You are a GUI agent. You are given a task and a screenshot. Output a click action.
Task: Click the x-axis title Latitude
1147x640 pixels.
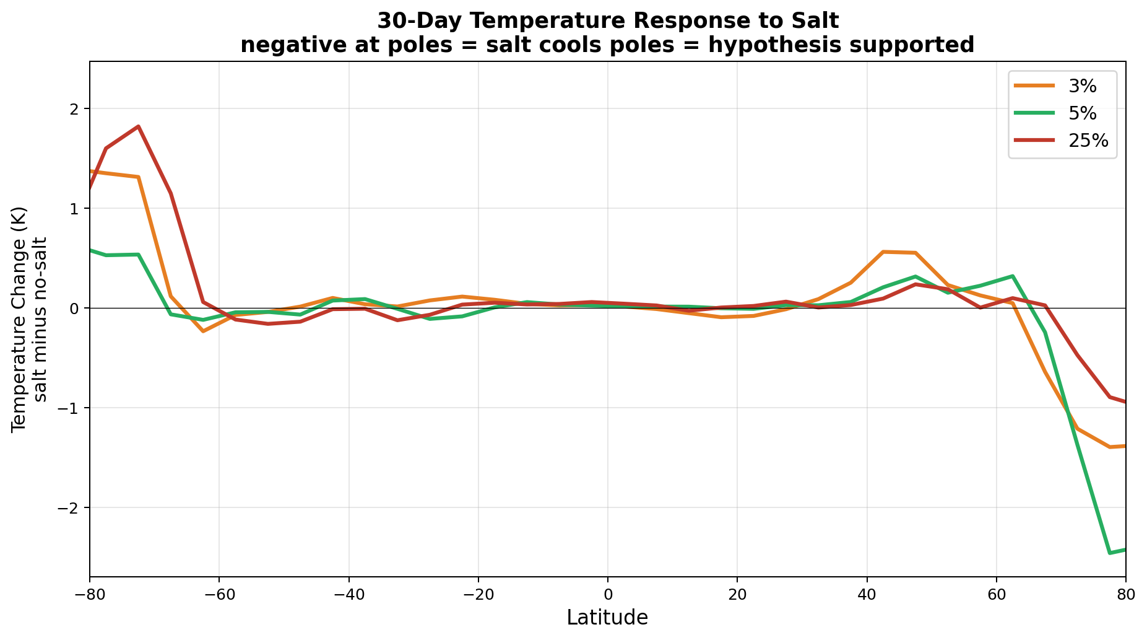607,618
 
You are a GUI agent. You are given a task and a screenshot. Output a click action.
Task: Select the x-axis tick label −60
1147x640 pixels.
219,594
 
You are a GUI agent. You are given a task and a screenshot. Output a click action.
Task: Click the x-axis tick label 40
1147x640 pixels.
867,594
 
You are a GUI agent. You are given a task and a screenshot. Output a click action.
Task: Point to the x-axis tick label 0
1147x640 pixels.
608,594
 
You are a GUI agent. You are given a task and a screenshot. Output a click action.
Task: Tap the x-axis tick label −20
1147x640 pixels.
478,594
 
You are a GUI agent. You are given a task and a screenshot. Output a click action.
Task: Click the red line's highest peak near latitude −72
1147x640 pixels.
138,126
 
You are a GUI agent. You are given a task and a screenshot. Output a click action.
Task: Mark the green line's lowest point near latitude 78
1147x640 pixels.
1109,553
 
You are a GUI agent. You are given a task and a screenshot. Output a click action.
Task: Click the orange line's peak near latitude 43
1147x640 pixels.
883,252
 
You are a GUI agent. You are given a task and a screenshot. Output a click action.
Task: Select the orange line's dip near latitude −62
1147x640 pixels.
203,331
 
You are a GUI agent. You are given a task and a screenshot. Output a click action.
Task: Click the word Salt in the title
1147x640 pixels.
818,21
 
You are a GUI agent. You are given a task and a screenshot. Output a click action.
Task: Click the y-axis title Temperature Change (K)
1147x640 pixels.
20,319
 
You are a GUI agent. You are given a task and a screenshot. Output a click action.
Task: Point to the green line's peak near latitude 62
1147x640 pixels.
1012,276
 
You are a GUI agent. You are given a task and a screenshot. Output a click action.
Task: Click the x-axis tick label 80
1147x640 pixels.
1125,594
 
